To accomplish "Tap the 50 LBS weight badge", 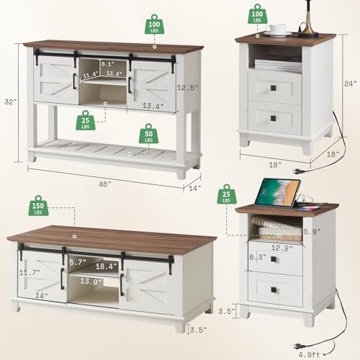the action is point(148,134).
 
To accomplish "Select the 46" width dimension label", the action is point(105,184).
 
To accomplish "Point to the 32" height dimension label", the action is point(11,102).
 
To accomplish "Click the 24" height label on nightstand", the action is point(351,84).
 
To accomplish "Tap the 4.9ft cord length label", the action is point(309,354).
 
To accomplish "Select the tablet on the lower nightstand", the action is point(278,192).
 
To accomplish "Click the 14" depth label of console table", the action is point(195,188).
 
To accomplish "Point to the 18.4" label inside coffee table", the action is point(106,266).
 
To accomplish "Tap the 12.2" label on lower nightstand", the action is point(282,248).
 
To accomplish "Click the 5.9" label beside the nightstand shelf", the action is point(312,232).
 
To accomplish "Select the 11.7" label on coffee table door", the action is point(30,272).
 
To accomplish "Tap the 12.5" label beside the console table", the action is point(187,87).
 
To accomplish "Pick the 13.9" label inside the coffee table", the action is point(91,281).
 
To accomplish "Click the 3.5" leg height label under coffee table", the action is point(198,330).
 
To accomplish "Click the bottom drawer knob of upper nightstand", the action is point(274,118).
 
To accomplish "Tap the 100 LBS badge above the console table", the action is point(154,24).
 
